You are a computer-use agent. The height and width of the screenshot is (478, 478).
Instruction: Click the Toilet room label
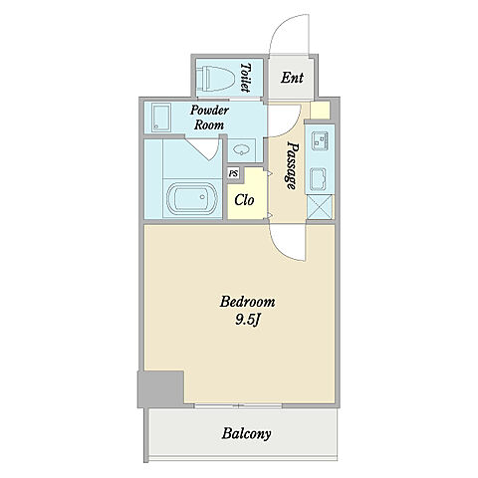tap(246, 78)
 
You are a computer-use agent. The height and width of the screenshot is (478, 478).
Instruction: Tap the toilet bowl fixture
tap(216, 79)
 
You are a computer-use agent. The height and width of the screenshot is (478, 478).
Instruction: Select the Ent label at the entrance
tap(292, 78)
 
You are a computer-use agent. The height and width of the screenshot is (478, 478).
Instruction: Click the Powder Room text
tap(209, 118)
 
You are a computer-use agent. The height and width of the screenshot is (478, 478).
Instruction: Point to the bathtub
tap(192, 198)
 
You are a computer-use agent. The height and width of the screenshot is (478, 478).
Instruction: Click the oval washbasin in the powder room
tap(241, 150)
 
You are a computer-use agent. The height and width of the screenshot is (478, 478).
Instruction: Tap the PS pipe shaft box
tap(234, 173)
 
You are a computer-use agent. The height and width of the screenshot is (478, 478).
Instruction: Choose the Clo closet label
tap(244, 200)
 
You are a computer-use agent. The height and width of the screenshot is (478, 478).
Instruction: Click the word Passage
tap(292, 165)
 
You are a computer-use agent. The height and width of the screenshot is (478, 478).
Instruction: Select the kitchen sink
tap(320, 141)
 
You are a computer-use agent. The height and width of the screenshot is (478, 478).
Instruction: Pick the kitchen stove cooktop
tap(319, 179)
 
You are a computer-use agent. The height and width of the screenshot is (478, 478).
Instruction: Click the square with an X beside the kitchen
tap(320, 207)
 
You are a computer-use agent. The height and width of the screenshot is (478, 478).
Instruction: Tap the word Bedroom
tap(248, 302)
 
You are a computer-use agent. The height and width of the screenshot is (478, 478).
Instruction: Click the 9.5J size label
tap(247, 320)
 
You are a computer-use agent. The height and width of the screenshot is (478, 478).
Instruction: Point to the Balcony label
tap(246, 434)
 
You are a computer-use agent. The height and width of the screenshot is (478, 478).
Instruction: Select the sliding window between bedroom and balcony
tap(238, 405)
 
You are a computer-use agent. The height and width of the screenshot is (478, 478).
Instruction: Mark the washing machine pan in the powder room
tap(161, 118)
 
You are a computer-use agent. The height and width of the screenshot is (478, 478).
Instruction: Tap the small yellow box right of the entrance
tap(320, 111)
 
